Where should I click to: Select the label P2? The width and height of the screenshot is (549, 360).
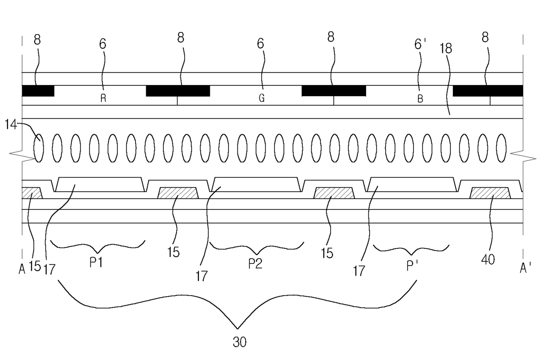tap(255, 264)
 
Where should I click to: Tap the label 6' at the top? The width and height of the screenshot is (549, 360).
tap(420, 43)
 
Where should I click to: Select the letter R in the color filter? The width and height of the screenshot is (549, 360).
tap(103, 99)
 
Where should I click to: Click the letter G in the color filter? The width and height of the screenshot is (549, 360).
tap(262, 99)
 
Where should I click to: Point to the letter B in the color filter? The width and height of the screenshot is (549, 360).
tap(420, 99)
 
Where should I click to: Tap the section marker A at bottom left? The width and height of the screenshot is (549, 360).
tap(22, 269)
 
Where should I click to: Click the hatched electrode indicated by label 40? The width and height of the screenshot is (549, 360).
tap(490, 193)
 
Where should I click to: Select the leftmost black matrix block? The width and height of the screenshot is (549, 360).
tap(38, 91)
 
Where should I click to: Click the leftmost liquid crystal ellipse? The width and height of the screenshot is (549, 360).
tap(39, 148)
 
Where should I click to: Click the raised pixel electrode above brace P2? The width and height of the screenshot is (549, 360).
tap(255, 184)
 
